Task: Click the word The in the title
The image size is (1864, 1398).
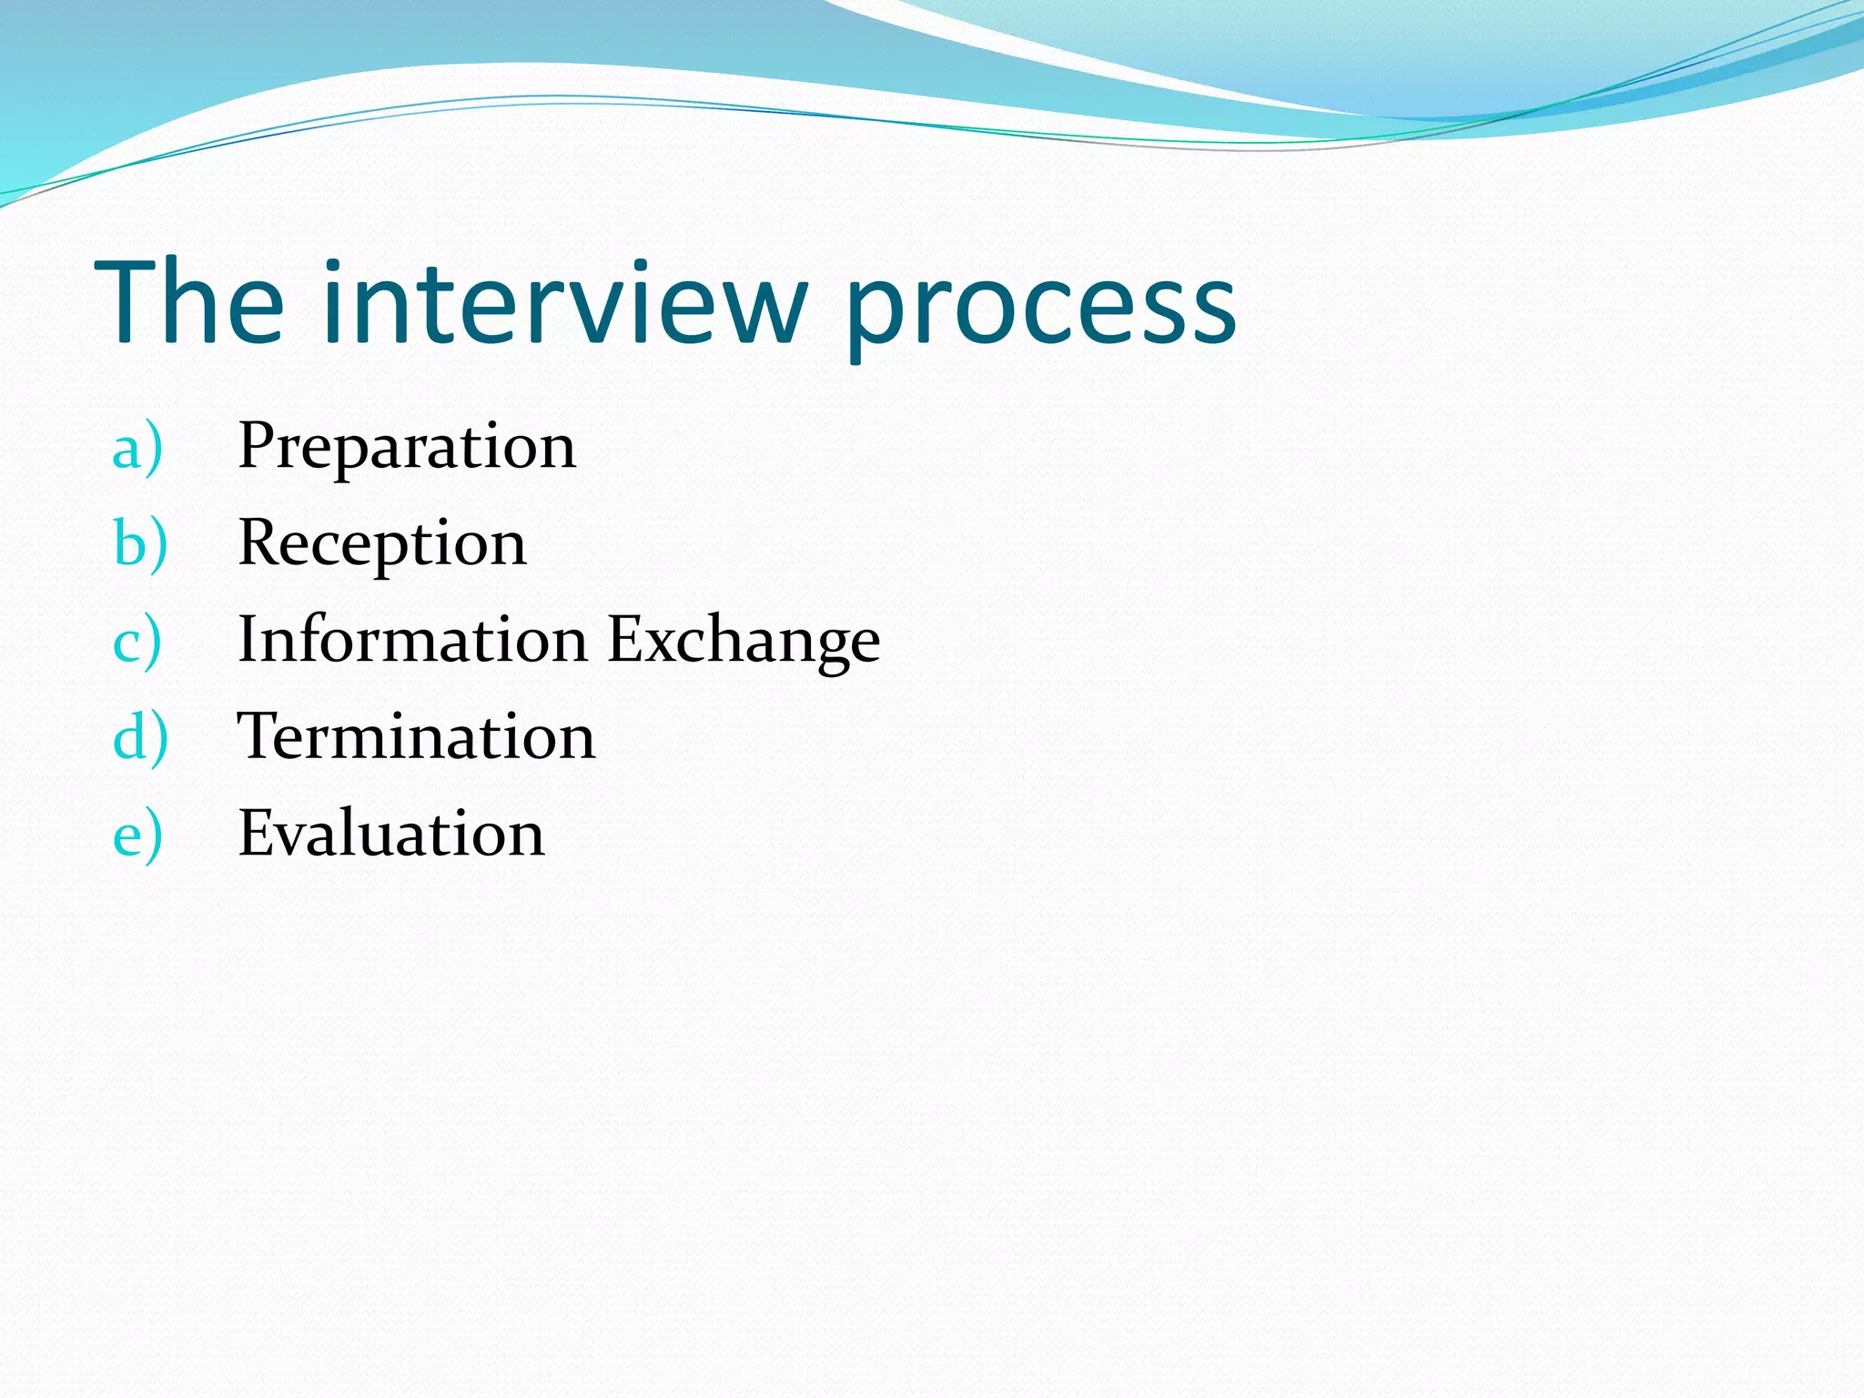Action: tap(189, 303)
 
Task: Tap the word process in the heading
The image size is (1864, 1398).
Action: tap(1040, 309)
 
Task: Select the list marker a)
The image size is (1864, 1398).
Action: tap(137, 448)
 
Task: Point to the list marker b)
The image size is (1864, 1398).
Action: tap(140, 544)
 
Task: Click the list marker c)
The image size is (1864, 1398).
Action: tap(137, 642)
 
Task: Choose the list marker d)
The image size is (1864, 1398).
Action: tap(140, 737)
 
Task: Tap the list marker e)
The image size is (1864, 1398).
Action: tap(137, 835)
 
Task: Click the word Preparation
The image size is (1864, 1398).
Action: tap(407, 448)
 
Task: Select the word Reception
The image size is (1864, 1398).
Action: tap(382, 544)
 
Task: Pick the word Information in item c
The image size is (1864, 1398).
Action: tap(412, 640)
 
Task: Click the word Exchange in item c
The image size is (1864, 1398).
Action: tap(744, 642)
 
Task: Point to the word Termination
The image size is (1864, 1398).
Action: tap(416, 736)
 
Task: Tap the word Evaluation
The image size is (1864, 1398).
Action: tap(391, 834)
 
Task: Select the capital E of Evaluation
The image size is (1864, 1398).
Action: tap(258, 833)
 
